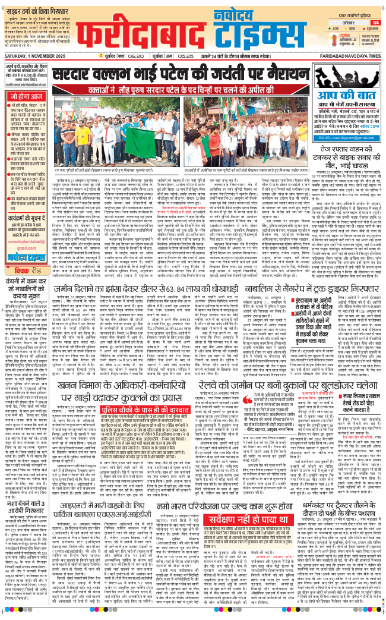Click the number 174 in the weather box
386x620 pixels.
[375, 22]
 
